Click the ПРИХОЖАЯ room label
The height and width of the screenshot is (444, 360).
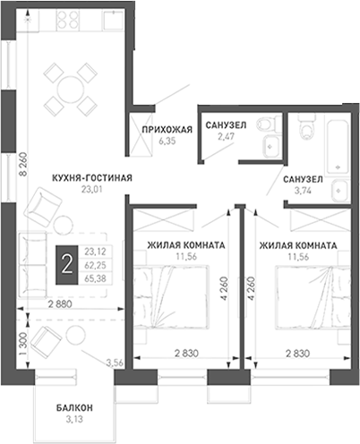tap(167, 130)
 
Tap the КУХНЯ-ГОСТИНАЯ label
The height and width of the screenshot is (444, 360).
tap(92, 178)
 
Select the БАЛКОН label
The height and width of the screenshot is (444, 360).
tap(74, 407)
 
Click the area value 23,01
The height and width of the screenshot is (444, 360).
tap(92, 189)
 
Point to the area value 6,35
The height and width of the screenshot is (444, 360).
tap(167, 141)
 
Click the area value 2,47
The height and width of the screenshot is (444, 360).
tap(226, 136)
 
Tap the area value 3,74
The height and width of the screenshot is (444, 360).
tap(303, 191)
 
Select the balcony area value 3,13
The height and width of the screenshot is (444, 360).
tap(74, 419)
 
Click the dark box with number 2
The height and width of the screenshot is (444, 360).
tap(66, 265)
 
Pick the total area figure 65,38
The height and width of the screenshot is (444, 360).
tap(95, 278)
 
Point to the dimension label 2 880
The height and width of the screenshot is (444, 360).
tap(60, 304)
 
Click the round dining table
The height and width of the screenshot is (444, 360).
tap(71, 89)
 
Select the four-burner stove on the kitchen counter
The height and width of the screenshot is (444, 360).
tap(68, 20)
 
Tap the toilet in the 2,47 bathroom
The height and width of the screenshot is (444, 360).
tap(269, 124)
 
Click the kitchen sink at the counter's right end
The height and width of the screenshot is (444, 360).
tap(113, 20)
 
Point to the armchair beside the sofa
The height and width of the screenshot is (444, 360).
tap(43, 207)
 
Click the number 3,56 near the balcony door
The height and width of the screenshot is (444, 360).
tap(115, 363)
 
